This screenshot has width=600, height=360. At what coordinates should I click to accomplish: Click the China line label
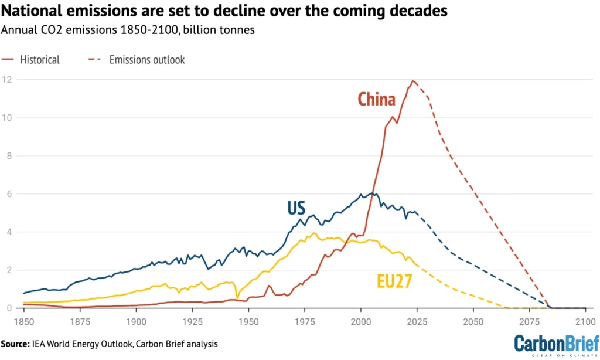click(x=376, y=100)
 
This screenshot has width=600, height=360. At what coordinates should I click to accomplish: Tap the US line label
click(x=297, y=208)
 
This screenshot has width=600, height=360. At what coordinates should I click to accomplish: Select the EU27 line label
click(x=394, y=282)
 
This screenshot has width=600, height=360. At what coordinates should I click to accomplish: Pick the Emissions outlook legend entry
click(x=147, y=59)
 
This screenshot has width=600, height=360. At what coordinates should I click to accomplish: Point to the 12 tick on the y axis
click(x=7, y=80)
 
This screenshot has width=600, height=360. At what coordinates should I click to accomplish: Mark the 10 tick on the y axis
click(x=7, y=118)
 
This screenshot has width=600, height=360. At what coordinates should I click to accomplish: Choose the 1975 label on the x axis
click(x=304, y=321)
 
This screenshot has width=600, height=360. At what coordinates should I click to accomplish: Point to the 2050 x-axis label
click(x=473, y=321)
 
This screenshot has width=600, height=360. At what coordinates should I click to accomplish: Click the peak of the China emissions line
click(x=413, y=81)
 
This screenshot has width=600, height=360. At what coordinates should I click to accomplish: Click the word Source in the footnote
click(x=16, y=344)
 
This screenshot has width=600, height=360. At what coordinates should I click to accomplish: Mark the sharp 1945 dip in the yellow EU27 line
click(x=237, y=297)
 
